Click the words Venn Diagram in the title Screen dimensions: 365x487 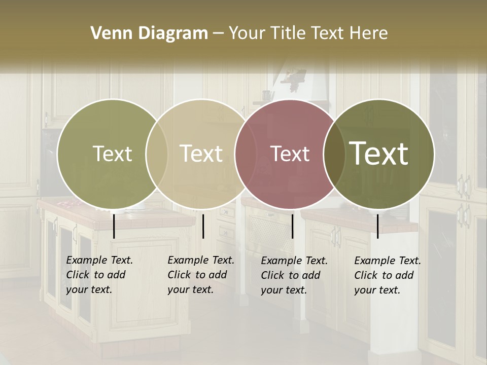point(149,33)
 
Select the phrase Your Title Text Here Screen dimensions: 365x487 point(308,33)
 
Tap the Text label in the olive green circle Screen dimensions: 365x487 point(112,154)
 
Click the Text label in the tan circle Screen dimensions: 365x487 point(201,154)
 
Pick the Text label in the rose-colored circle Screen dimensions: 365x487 point(290,154)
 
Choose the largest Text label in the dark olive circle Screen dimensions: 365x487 point(379,153)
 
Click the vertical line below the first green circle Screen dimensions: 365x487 point(114,226)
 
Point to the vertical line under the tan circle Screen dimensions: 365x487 point(203,226)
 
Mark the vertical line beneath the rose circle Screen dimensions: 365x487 point(292,226)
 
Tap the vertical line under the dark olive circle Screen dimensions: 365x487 point(377,226)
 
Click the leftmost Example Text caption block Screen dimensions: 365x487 point(99,275)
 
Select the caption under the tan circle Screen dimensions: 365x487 point(200,275)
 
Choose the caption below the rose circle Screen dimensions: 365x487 point(294,275)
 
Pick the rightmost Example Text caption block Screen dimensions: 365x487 point(387,275)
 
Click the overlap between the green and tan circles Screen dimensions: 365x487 point(157,154)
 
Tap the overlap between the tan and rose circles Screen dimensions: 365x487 point(242,154)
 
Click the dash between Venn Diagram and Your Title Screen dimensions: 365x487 point(218,33)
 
